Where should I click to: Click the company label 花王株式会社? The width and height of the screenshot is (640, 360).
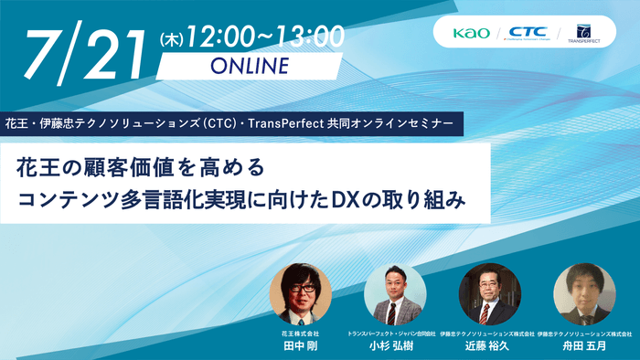point(301,334)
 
